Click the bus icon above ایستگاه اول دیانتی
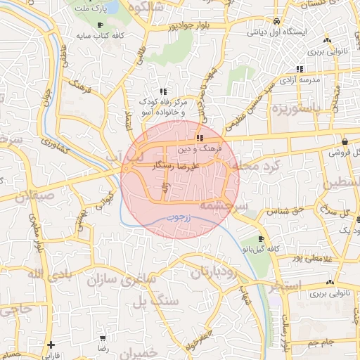pos(277,21)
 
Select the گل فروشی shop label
pos(345,152)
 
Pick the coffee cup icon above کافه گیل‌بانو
pos(262,239)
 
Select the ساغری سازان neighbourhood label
pos(120,279)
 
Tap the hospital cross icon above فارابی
pos(50,345)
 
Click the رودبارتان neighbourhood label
pos(212,271)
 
